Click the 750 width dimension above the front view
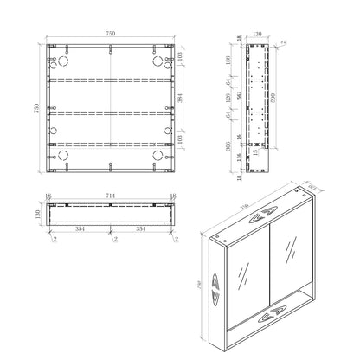click(x=110, y=33)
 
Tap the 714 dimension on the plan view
click(x=110, y=196)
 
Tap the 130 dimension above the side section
click(x=257, y=35)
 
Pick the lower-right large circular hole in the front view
click(x=159, y=157)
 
